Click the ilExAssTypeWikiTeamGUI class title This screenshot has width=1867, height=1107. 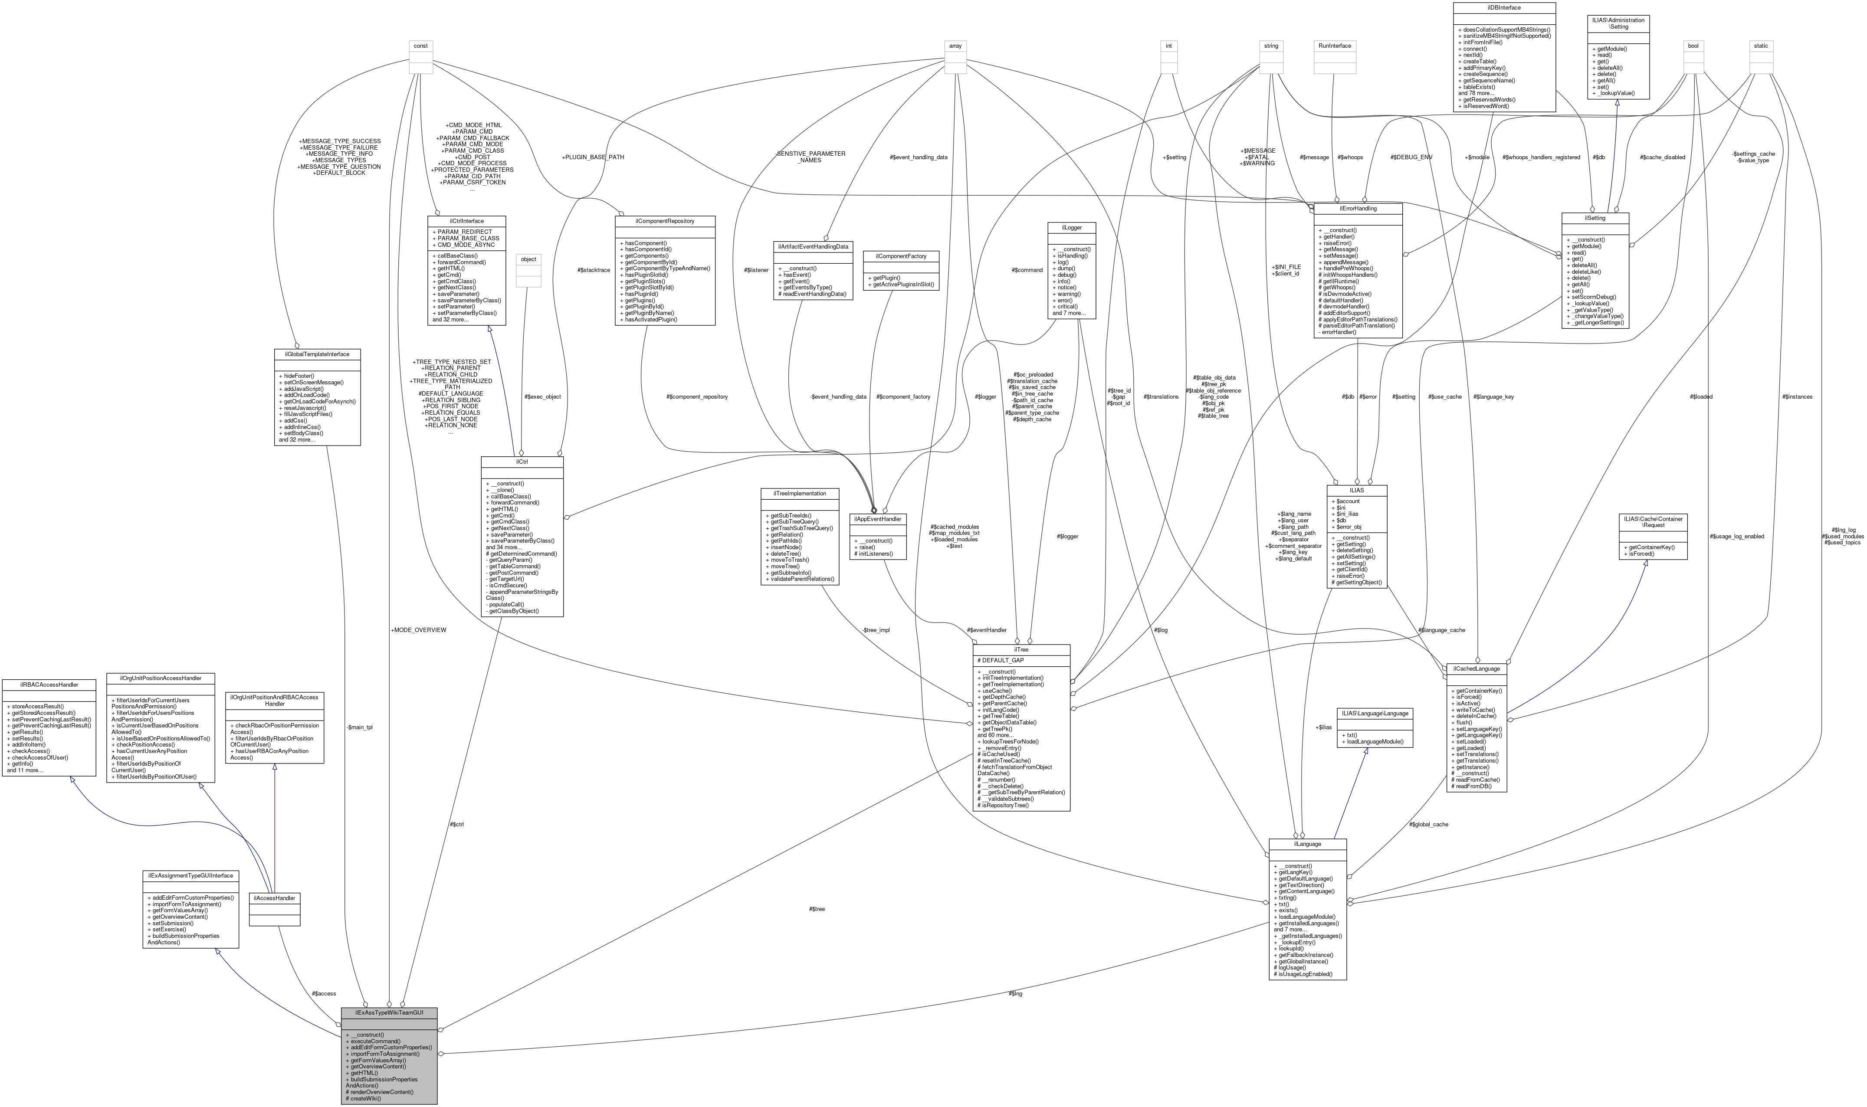[x=389, y=1013]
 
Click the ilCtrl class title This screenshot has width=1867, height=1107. [x=522, y=462]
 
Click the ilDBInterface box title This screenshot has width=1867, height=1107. [x=1504, y=7]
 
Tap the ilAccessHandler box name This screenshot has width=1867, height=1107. [x=275, y=898]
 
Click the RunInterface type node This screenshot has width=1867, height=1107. [x=1335, y=46]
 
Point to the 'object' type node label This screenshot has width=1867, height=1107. [x=528, y=259]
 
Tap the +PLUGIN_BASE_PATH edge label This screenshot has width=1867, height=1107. [x=593, y=157]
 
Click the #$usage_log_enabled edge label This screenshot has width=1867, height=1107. [x=1736, y=536]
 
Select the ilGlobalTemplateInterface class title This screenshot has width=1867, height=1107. [x=317, y=354]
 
